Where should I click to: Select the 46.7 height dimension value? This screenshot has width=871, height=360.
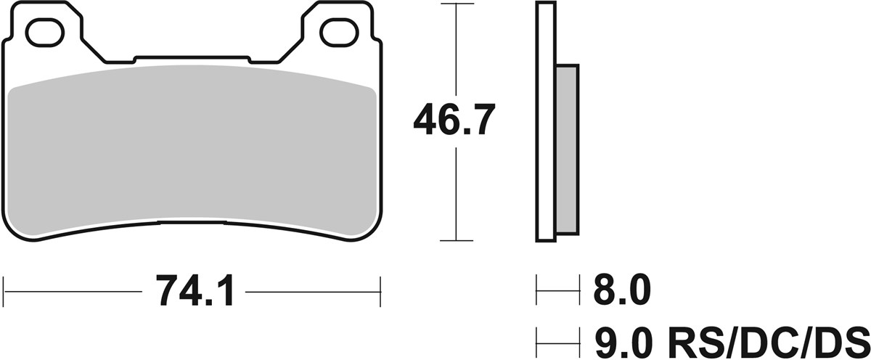pyautogui.click(x=454, y=120)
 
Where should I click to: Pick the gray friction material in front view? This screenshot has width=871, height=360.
pyautogui.click(x=192, y=152)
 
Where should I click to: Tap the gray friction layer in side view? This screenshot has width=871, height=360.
pyautogui.click(x=568, y=149)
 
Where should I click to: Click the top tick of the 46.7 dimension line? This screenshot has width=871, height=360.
pyautogui.click(x=455, y=4)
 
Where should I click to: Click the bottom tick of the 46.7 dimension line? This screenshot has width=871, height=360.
pyautogui.click(x=455, y=240)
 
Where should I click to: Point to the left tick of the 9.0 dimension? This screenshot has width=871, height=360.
pyautogui.click(x=537, y=338)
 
